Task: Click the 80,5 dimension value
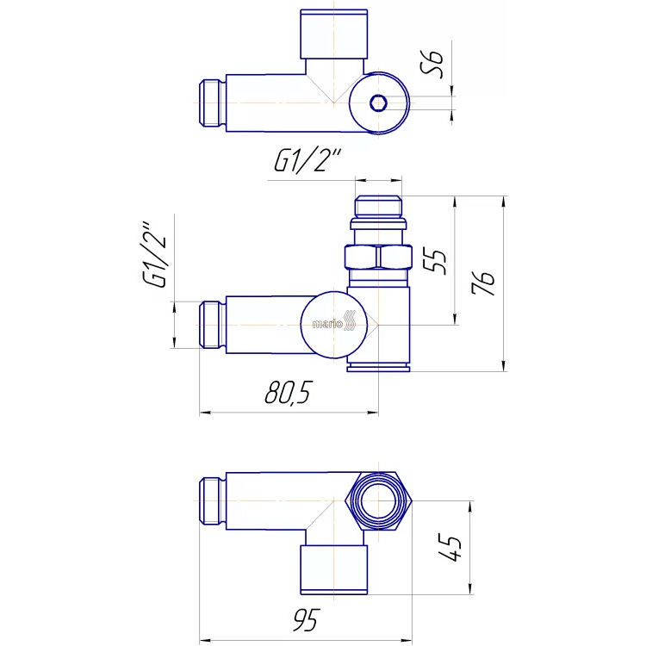point(287,392)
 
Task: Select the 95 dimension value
point(306,620)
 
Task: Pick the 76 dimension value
point(483,283)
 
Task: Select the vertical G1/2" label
point(155,256)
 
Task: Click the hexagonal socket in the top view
point(378,103)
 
